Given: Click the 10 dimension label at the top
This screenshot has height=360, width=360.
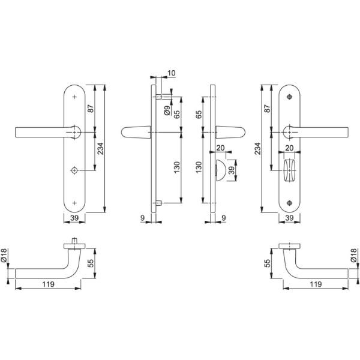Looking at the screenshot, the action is (x=172, y=73).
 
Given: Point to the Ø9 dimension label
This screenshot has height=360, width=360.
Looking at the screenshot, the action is (x=167, y=110).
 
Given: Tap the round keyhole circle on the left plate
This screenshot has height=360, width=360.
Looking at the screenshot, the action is (x=74, y=170).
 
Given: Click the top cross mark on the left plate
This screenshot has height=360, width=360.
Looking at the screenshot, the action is (x=74, y=97).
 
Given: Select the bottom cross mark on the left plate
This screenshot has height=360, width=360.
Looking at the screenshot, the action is (x=74, y=203).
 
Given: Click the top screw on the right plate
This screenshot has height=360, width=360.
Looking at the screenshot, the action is (x=290, y=97).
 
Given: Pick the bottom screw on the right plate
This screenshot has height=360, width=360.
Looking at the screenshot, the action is (x=290, y=203).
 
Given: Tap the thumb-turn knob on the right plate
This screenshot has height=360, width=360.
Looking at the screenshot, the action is (x=289, y=170).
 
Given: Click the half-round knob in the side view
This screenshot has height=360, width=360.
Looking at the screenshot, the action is (x=220, y=170).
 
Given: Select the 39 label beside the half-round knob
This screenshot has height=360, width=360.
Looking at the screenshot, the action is (x=232, y=170).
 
